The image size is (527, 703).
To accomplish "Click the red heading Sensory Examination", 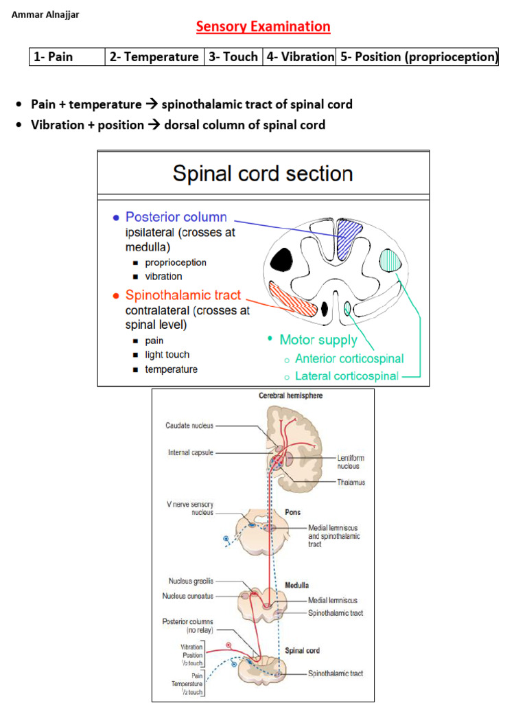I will pos(263,27).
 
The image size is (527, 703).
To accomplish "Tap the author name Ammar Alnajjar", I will pos(45,14).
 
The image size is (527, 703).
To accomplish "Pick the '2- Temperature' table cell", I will pos(154,57).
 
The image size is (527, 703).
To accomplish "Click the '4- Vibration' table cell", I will pos(300,57).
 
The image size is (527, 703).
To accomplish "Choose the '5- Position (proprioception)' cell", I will pos(417,57).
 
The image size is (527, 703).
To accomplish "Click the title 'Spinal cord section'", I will pos(263,173).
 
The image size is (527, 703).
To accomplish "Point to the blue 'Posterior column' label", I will pos(176,217).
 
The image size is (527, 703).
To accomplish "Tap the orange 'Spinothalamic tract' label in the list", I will pos(183,295).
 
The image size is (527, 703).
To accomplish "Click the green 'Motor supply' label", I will pos(318,340).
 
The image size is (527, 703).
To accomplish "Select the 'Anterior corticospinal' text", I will pos(349,358).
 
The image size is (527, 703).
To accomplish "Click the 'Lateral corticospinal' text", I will pos(347,376).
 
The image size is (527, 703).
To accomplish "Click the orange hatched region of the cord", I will pos(293,299).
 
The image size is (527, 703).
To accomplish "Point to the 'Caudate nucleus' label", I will pos(189,426).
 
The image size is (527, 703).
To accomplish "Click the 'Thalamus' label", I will pos(351,482).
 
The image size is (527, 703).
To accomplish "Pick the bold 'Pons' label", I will pos(293,512).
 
